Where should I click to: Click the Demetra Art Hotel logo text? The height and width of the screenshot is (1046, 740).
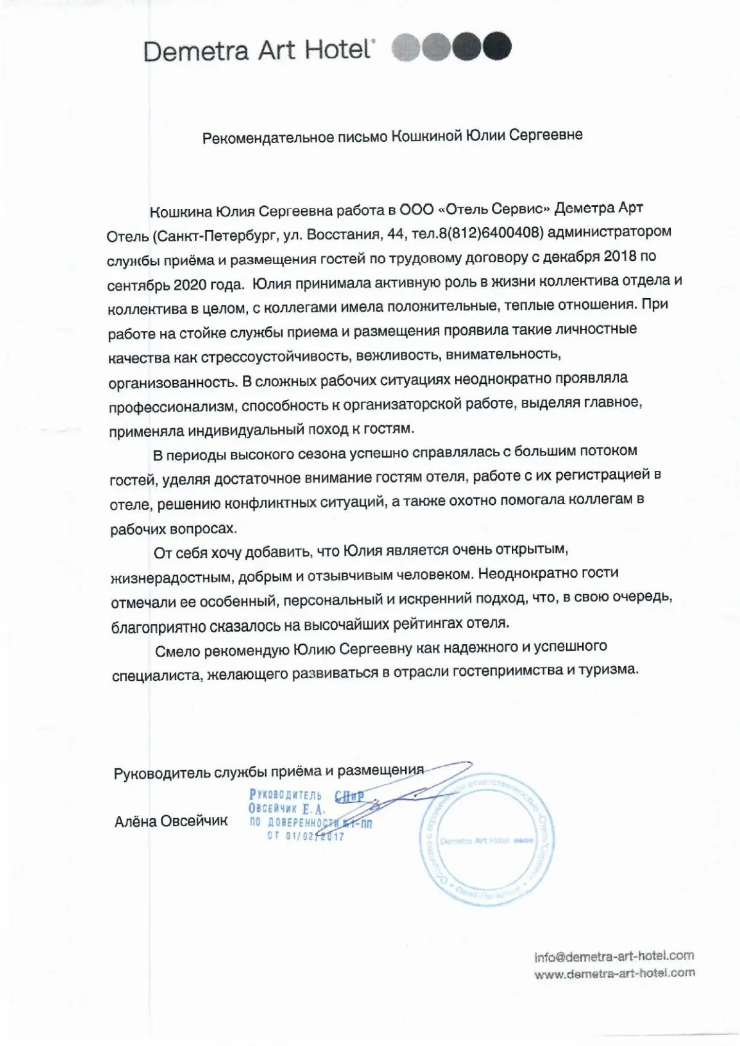(x=258, y=50)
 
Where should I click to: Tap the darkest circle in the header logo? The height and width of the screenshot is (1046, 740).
(x=497, y=46)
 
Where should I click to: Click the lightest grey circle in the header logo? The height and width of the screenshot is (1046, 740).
(x=406, y=47)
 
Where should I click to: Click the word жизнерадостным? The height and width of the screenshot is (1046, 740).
(x=171, y=578)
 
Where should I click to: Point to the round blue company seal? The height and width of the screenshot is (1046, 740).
(x=488, y=841)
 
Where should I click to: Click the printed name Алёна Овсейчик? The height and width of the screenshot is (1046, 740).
(x=171, y=821)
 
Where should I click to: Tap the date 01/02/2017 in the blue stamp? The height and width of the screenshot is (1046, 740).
(x=314, y=837)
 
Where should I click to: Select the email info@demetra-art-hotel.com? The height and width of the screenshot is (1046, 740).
(x=614, y=956)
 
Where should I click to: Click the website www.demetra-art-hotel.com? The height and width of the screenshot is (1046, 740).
(x=614, y=973)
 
